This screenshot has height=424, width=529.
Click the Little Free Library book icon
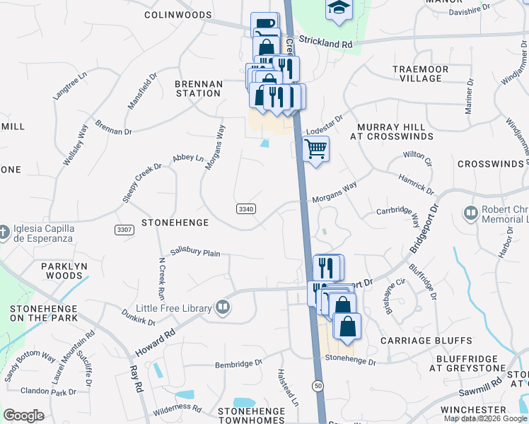click(222, 307)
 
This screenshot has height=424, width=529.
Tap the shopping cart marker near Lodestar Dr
click(315, 149)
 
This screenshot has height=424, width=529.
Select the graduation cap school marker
click(339, 9)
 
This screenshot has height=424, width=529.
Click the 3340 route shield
click(245, 209)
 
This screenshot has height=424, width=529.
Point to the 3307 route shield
click(124, 230)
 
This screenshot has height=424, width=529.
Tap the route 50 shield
click(318, 384)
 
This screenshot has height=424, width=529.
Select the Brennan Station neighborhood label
click(198, 88)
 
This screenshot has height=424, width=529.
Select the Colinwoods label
click(178, 14)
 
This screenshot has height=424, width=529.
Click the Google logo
click(23, 416)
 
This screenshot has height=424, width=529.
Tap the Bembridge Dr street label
click(238, 364)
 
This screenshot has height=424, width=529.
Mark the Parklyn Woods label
click(31, 271)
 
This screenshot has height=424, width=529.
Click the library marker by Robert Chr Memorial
click(470, 213)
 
